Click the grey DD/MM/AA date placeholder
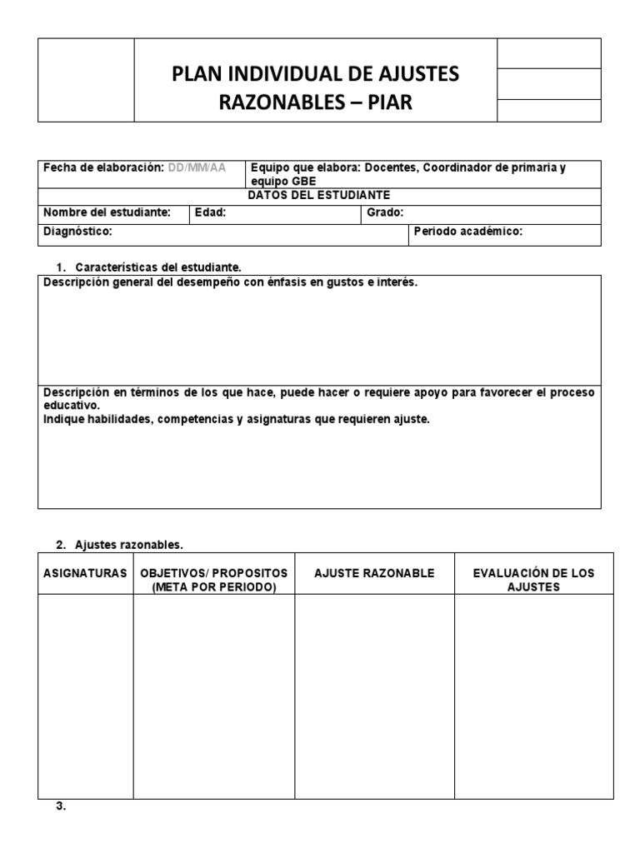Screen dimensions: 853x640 pyautogui.click(x=197, y=167)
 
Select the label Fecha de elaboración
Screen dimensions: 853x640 pyautogui.click(x=103, y=167)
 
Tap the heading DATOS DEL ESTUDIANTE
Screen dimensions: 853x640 pyautogui.click(x=319, y=194)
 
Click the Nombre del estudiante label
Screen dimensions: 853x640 pyautogui.click(x=107, y=213)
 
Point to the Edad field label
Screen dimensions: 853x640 pyautogui.click(x=210, y=213)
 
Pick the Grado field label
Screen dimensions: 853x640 pyautogui.click(x=385, y=213)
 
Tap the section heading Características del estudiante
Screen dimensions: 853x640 pyautogui.click(x=157, y=267)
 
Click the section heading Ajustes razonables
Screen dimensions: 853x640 pyautogui.click(x=128, y=545)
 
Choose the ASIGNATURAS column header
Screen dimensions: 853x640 pyautogui.click(x=85, y=574)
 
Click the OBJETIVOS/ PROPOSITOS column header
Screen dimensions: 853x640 pyautogui.click(x=214, y=580)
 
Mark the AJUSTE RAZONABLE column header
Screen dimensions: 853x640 pyautogui.click(x=374, y=574)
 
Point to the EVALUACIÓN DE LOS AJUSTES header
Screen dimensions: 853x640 pyautogui.click(x=533, y=580)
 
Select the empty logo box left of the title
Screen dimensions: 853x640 pyautogui.click(x=86, y=80)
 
